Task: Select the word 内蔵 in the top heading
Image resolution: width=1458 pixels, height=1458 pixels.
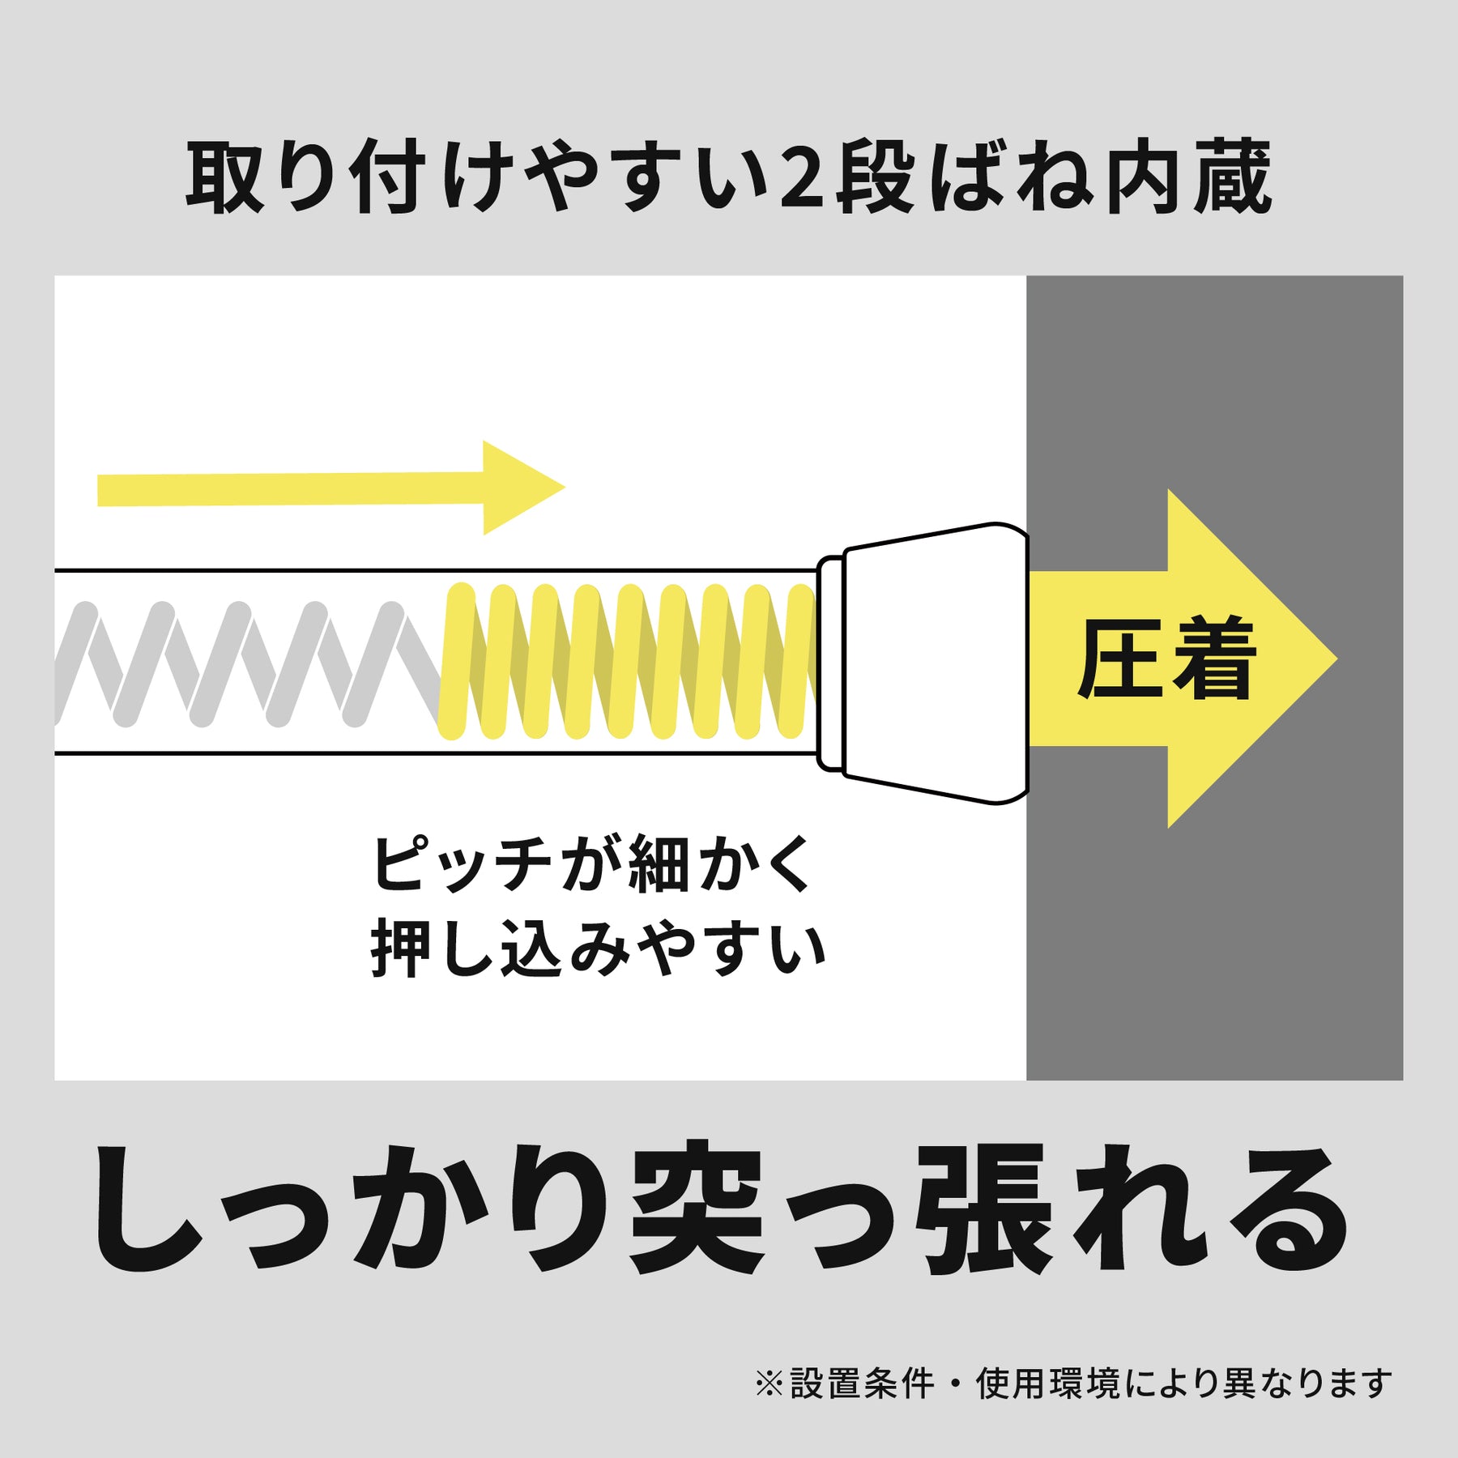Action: pos(1188,178)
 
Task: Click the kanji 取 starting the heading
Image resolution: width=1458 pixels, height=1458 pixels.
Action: pos(226,178)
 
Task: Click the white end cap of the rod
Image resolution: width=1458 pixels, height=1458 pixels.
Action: pos(936,663)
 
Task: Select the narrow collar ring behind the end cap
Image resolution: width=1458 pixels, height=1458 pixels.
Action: pos(830,663)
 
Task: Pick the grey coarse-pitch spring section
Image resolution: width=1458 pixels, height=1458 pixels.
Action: pos(247,664)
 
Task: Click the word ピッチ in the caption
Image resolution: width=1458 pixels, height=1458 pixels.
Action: pos(461,864)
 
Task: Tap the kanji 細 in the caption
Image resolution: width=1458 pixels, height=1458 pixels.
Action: pos(659,864)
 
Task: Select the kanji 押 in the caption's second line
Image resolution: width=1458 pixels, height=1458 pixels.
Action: pos(402,949)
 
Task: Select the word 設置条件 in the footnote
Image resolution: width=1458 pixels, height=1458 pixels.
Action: pos(862,1383)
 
